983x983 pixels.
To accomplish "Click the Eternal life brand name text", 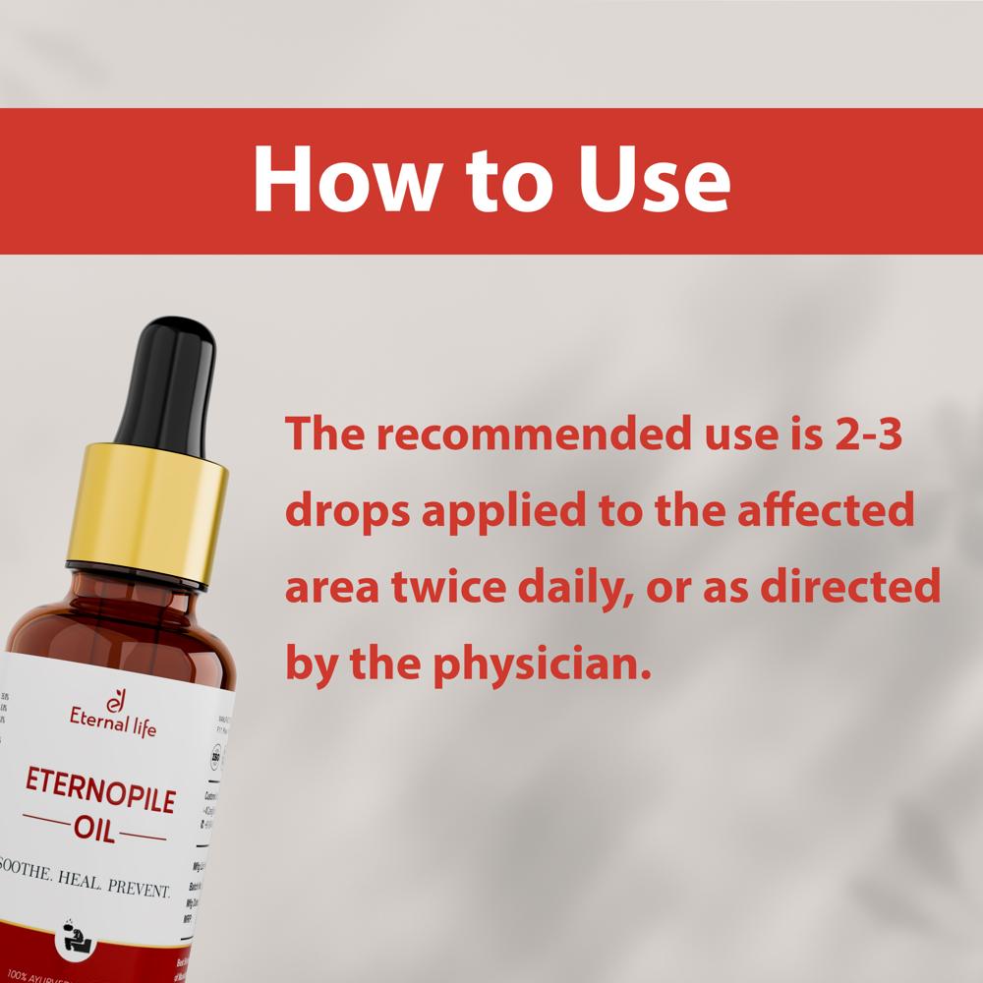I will click(x=112, y=728).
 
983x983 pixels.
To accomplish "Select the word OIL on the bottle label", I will click(x=94, y=833).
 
